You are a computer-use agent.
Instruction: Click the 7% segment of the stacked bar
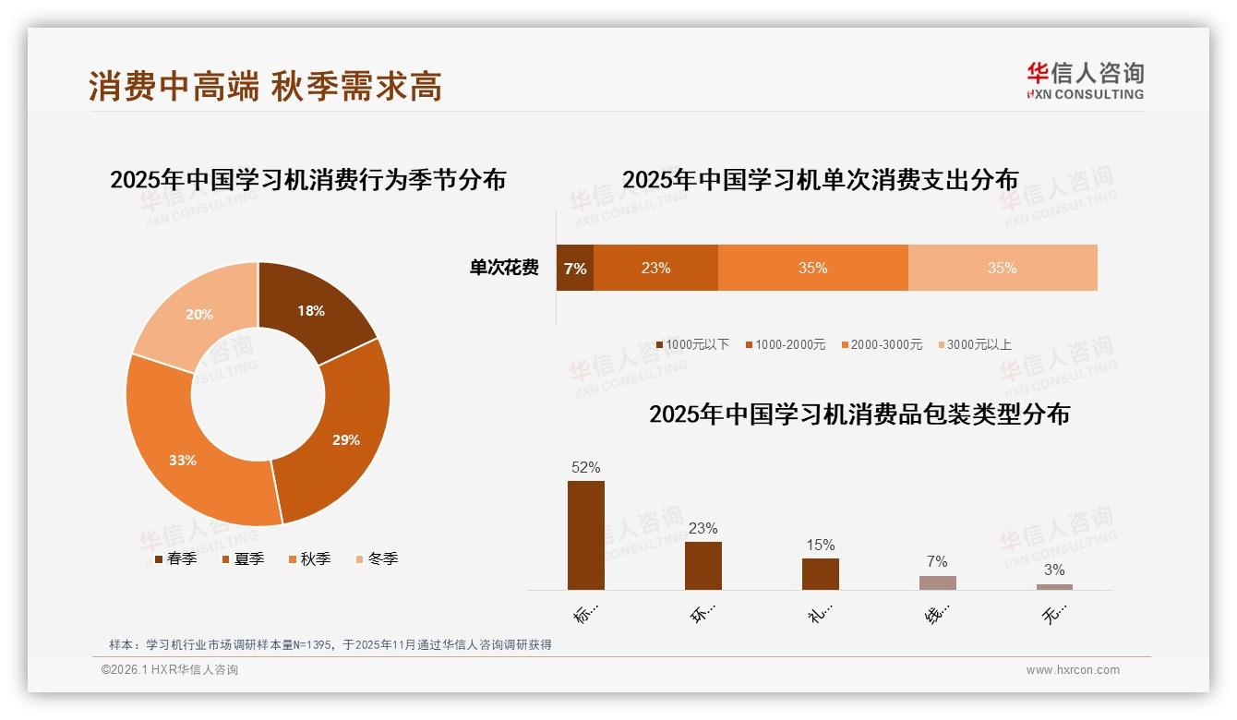[574, 269]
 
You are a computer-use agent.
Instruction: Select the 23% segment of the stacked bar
[655, 269]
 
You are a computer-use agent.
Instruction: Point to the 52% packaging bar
[585, 535]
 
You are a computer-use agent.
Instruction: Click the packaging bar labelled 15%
[820, 574]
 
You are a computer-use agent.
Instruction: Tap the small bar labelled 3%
[1054, 587]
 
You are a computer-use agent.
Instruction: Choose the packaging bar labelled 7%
[937, 582]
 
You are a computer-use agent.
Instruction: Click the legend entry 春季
[175, 558]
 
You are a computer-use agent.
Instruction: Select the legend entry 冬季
[377, 558]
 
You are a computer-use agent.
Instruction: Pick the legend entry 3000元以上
[977, 344]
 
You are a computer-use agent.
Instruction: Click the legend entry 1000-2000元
[787, 344]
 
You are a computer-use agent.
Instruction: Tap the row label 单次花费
[504, 269]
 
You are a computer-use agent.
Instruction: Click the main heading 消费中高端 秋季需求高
[266, 86]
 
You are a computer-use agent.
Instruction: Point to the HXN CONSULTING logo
[1085, 80]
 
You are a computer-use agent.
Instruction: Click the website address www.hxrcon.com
[1073, 670]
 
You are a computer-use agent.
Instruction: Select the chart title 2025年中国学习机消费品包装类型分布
[859, 414]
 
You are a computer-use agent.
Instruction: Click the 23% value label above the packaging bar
[703, 529]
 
